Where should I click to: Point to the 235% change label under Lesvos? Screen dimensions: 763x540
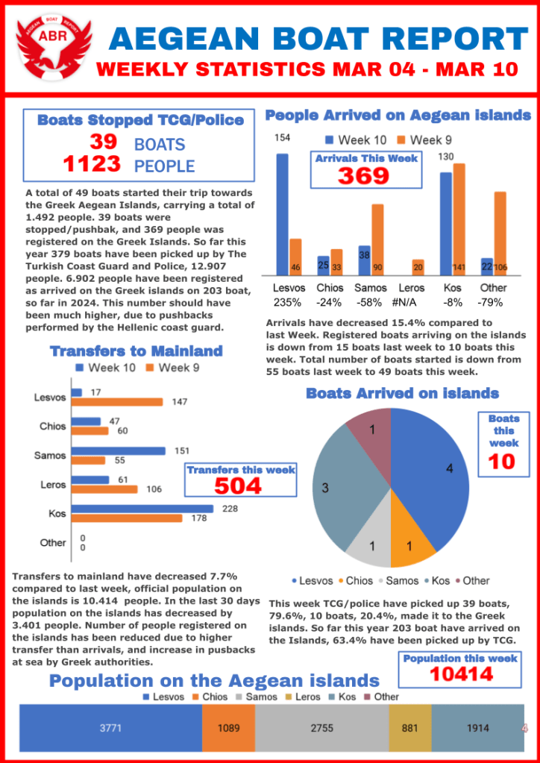[287, 303]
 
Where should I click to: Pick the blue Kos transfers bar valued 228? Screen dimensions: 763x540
[142, 509]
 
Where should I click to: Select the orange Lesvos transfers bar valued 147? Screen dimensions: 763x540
[116, 402]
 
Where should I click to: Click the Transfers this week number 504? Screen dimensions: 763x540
[239, 486]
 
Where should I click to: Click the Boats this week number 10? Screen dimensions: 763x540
[501, 461]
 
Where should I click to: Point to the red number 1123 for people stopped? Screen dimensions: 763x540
[92, 164]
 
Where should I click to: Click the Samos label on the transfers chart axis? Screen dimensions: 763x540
[51, 455]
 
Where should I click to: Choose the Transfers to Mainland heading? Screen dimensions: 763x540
[136, 351]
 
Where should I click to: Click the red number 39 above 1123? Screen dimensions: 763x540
[103, 142]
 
